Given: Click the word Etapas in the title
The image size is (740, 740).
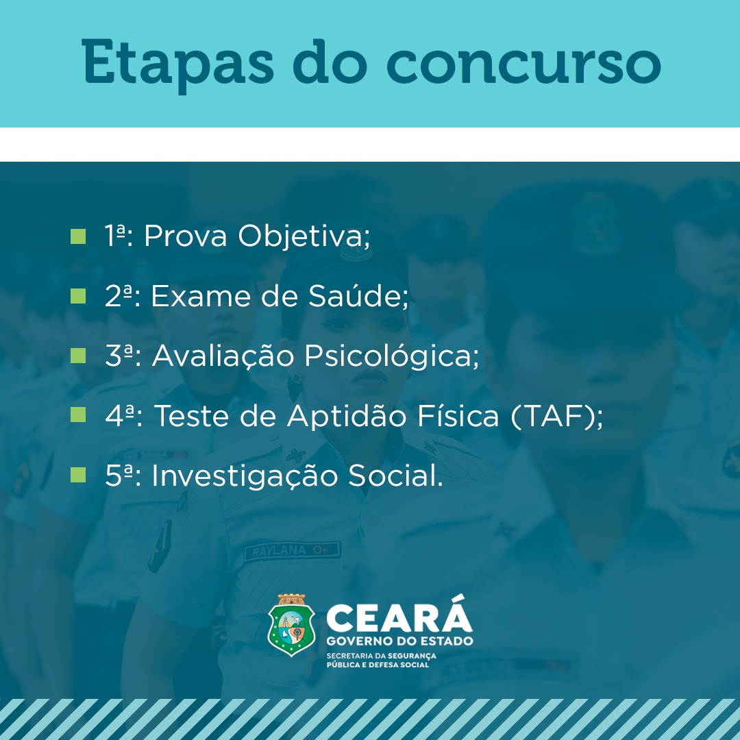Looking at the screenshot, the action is point(177,63).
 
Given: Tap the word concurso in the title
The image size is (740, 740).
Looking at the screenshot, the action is point(523,63).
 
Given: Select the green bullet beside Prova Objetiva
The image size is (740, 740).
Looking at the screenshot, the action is point(78,236).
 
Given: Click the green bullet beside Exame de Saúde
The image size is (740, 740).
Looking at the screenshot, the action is point(78,296).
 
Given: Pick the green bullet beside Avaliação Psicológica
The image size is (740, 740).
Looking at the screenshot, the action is point(78,356).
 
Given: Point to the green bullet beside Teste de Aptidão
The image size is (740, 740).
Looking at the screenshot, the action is point(78,415).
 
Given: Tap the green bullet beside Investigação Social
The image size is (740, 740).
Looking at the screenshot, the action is point(78,475).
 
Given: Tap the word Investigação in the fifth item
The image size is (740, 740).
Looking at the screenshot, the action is point(245,476).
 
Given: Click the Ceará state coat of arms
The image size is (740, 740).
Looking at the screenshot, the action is point(291,625).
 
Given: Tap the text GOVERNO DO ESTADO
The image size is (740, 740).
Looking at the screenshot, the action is point(399,641).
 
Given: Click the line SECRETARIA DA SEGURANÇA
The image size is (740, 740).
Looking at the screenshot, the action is point(382,656).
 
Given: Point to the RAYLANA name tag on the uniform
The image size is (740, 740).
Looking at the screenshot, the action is point(292,551).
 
